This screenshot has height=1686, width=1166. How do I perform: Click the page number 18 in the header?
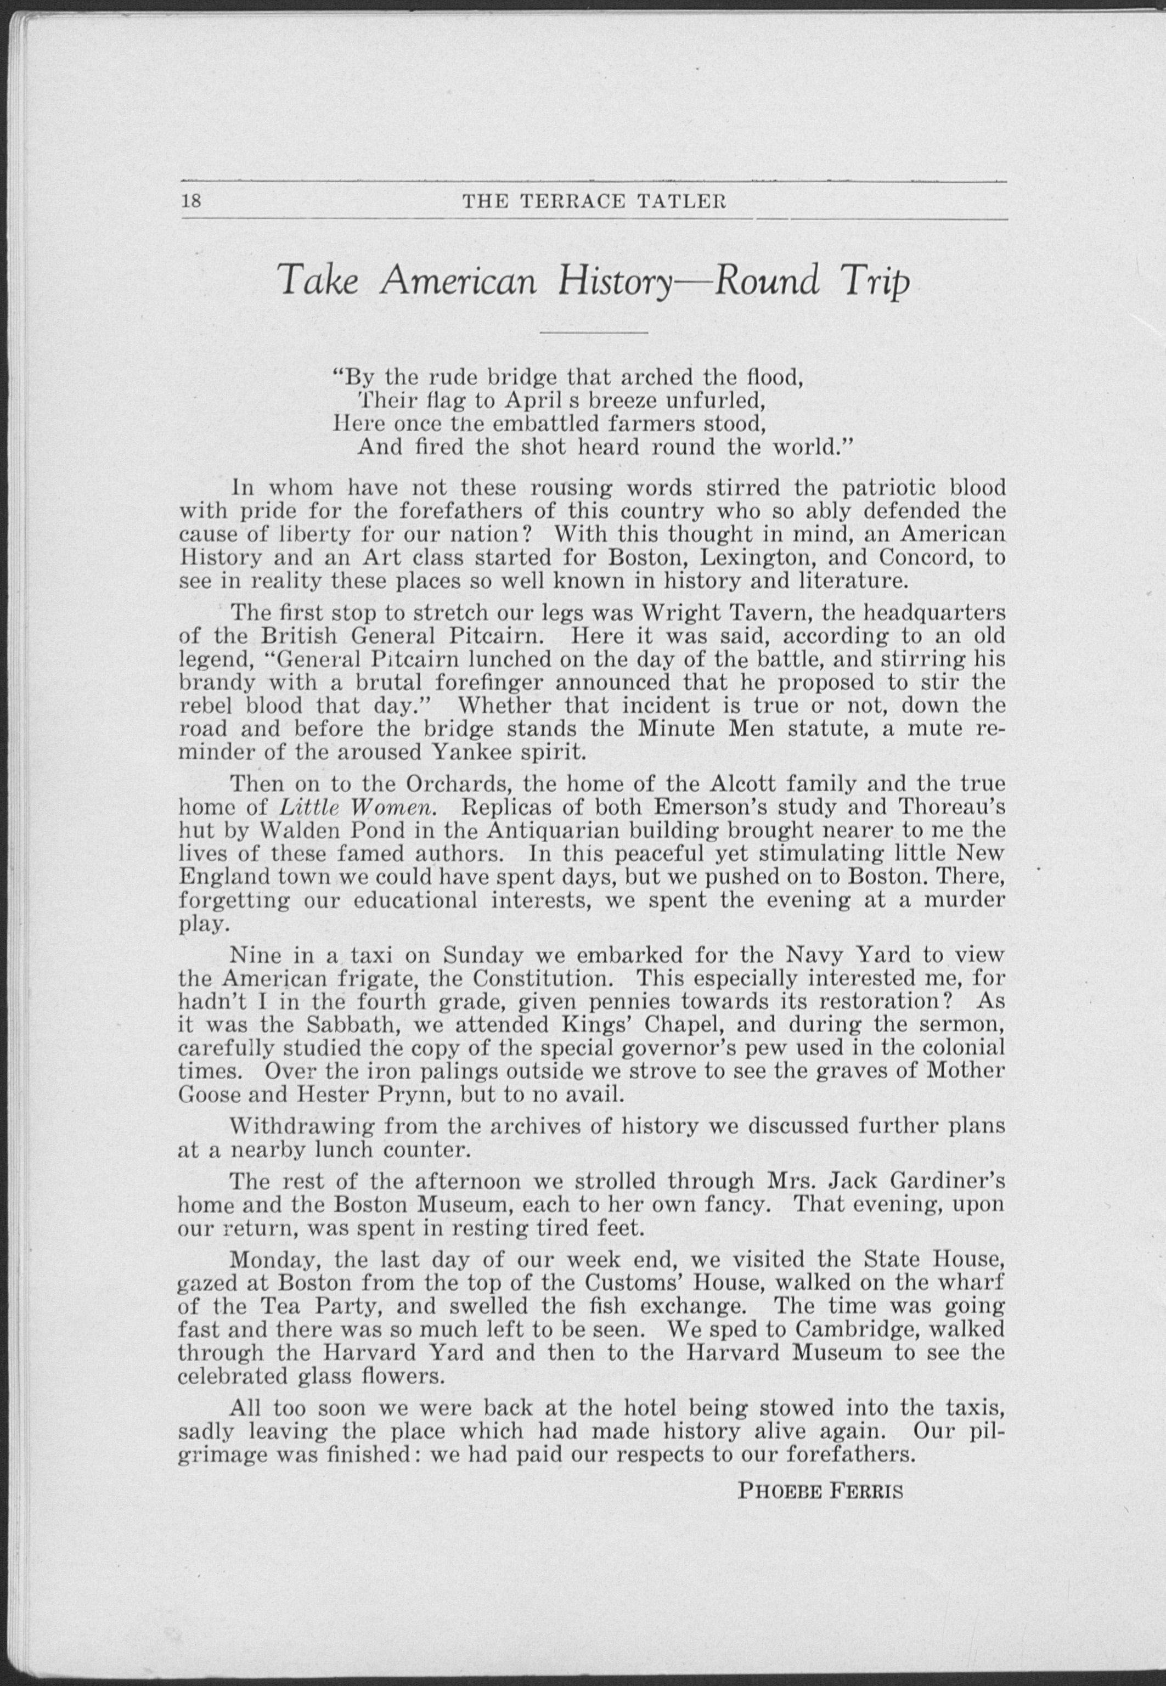pos(191,201)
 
